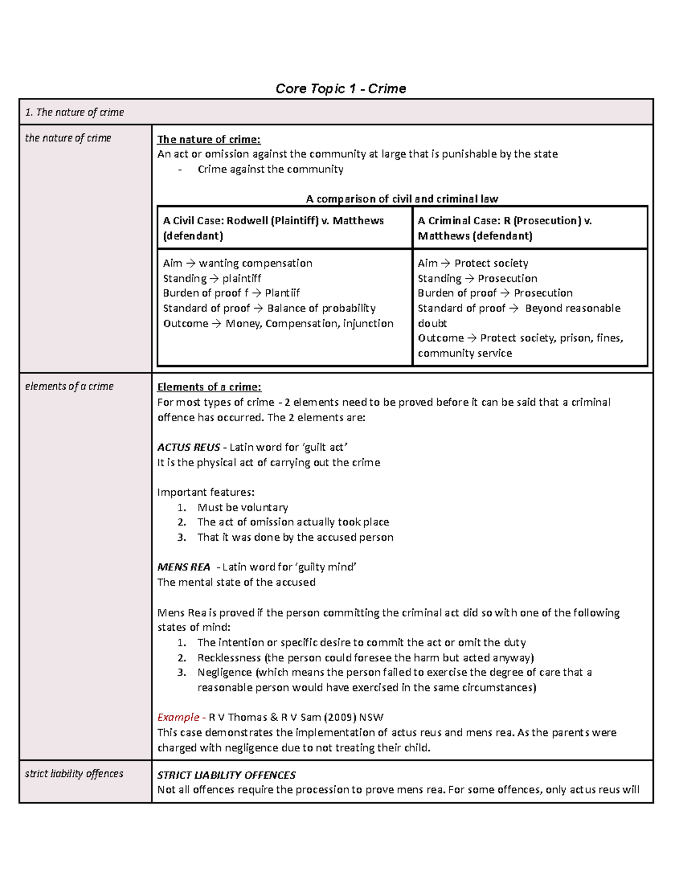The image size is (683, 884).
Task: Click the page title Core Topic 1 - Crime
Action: pos(340,89)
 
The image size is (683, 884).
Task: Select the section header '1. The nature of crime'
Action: pos(74,112)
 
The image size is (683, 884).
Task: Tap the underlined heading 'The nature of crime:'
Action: pos(208,139)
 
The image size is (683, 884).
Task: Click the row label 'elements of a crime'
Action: pos(69,387)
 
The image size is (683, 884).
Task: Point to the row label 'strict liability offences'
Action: pos(74,774)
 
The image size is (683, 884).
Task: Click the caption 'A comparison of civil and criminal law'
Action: pos(402,199)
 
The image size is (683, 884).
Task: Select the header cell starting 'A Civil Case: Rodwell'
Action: pos(273,228)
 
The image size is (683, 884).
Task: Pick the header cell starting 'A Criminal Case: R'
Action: pos(504,228)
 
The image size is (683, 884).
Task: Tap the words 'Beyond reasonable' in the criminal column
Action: pos(572,309)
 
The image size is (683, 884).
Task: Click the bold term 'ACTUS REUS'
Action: pos(188,447)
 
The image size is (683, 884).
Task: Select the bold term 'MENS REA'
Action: pos(183,567)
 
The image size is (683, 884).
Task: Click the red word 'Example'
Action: pos(178,717)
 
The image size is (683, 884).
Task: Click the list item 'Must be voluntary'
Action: pos(242,507)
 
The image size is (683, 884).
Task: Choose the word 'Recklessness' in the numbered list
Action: pos(229,657)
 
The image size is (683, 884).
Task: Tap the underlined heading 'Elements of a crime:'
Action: pos(209,387)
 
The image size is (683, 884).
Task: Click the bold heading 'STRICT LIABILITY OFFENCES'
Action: pos(226,775)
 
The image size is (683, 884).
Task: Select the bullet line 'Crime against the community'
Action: pos(270,169)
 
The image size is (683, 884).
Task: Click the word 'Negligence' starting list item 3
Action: pos(224,672)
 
